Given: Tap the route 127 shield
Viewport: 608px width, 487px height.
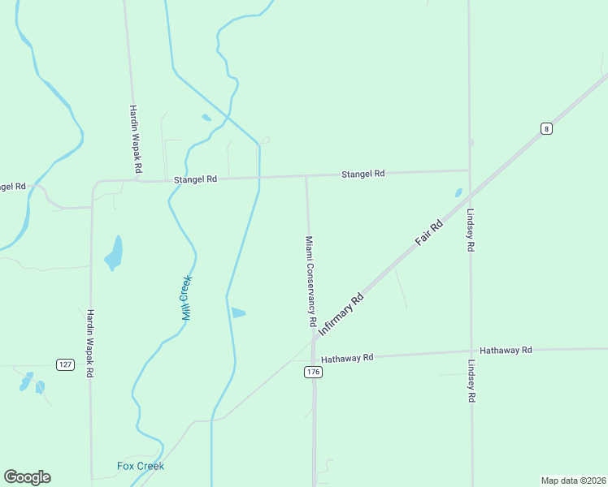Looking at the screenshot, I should point(66,364).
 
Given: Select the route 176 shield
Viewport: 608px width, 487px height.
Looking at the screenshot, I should point(313,372).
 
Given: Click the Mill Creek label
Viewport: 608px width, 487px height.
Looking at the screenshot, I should point(186,298).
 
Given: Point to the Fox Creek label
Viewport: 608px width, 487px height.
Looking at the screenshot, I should point(141,466).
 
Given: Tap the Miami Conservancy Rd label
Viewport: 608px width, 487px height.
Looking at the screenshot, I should point(310,281).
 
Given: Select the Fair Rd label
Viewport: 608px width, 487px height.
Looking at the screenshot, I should point(428,233).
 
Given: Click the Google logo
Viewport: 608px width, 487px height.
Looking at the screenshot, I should point(27,477).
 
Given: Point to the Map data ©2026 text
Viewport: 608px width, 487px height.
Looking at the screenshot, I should point(573,480).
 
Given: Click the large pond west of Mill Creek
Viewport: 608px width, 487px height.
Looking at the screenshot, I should point(115,254).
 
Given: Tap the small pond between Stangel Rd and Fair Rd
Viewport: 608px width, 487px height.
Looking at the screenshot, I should point(458,193).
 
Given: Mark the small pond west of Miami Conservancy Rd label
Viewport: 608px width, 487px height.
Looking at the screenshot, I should point(237,312).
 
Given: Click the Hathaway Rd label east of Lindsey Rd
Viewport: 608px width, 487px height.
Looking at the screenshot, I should point(506,350).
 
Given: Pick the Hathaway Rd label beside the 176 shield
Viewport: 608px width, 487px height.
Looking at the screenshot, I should point(347,358).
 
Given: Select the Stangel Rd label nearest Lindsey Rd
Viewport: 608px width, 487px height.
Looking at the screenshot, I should point(363,174).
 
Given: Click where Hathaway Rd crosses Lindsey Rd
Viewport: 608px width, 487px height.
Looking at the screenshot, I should point(471,352).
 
